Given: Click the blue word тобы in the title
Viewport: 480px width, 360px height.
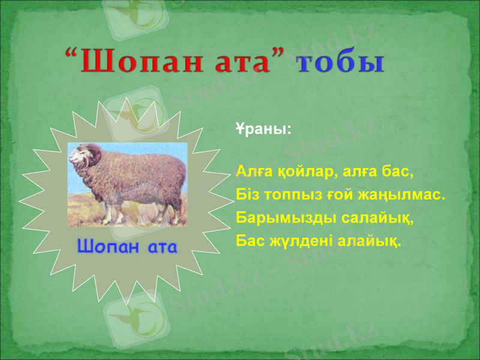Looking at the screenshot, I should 340,63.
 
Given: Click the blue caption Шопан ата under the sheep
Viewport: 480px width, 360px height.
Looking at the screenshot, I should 127,247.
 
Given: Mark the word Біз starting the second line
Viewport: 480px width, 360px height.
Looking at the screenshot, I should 246,195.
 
